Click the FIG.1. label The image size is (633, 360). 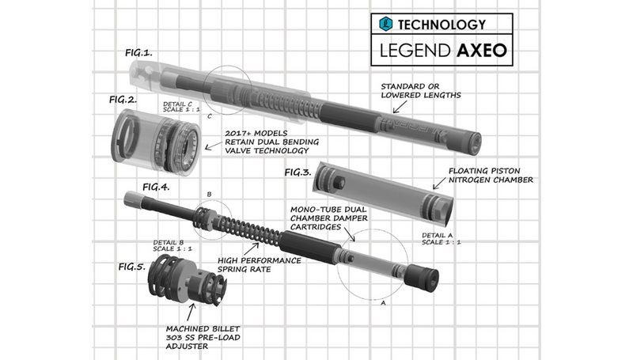[138, 53]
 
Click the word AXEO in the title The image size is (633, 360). [481, 52]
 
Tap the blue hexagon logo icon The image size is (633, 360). [386, 25]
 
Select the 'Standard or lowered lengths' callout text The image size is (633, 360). [420, 90]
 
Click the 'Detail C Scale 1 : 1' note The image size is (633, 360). [181, 105]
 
